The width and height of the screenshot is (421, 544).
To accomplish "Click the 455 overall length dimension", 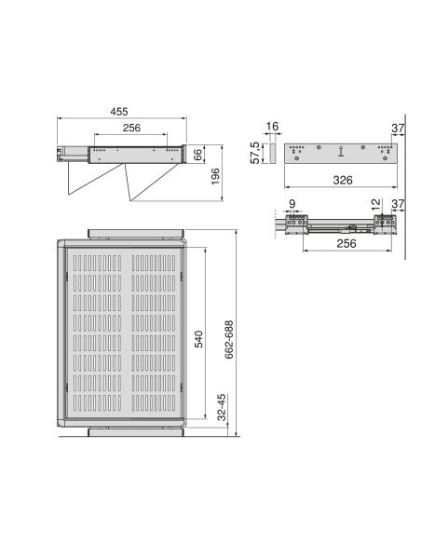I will click(x=118, y=112).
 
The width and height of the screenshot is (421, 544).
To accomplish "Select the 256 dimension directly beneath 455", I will click(x=130, y=129).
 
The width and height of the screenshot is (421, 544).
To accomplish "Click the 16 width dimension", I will click(x=272, y=126).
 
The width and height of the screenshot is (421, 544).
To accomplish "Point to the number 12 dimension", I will click(x=375, y=204).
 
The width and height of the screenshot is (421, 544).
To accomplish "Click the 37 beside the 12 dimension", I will click(x=398, y=204).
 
